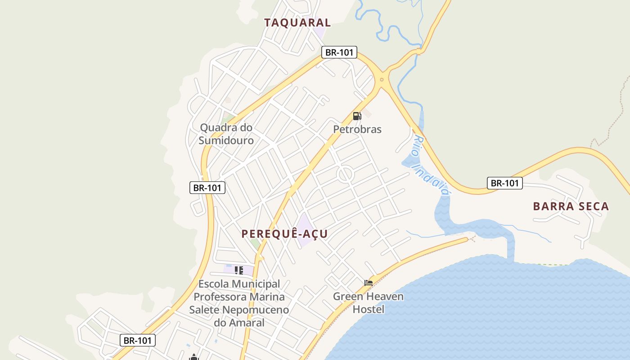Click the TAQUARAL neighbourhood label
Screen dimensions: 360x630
297,22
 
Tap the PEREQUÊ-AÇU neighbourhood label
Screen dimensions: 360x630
284,234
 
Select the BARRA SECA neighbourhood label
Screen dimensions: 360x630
571,207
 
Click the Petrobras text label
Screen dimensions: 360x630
357,130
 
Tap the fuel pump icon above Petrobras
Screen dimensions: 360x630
357,116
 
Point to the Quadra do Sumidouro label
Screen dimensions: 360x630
226,134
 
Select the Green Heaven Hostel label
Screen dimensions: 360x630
368,303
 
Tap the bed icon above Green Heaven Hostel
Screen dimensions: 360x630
369,283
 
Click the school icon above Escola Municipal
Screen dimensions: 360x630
239,270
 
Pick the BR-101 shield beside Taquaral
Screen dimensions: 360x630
339,52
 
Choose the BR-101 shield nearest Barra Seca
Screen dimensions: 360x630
504,183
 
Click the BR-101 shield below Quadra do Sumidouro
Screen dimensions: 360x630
207,188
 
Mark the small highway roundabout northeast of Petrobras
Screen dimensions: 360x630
382,80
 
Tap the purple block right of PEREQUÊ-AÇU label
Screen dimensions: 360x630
305,230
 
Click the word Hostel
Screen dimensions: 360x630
368,310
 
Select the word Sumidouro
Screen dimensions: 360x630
226,140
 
